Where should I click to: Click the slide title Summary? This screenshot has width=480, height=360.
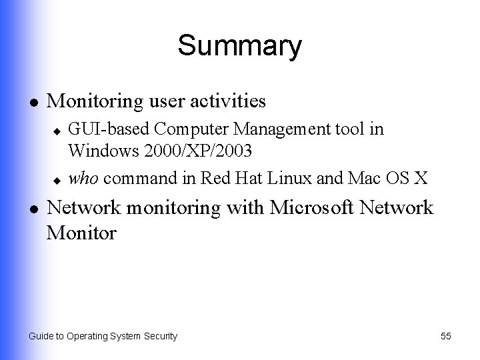[x=239, y=47]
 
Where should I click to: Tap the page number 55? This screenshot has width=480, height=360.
[x=446, y=336]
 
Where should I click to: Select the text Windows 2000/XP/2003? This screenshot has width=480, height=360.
[x=160, y=151]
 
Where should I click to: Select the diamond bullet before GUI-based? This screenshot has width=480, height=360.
[x=58, y=129]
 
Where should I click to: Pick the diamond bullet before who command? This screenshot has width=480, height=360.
[x=58, y=179]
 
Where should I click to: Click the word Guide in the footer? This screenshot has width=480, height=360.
[x=40, y=336]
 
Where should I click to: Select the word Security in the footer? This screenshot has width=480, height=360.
[x=160, y=336]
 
